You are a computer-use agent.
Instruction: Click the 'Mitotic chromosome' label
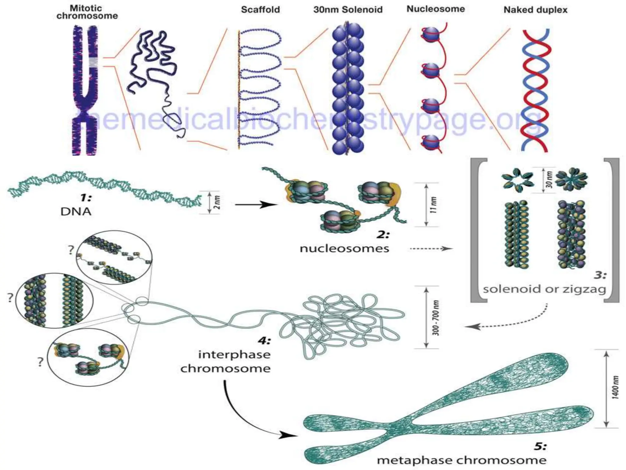pos(87,12)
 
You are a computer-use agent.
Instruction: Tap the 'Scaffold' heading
pos(260,9)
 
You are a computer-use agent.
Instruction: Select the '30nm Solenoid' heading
pos(348,9)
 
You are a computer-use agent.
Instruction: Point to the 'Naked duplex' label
pos(535,10)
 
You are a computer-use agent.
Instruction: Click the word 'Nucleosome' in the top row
pos(435,9)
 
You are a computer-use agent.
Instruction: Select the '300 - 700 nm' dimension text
pos(436,318)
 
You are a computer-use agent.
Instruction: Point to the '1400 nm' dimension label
pos(615,387)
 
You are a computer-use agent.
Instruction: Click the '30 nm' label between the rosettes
pos(549,180)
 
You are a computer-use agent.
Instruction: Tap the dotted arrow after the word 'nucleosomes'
pos(431,249)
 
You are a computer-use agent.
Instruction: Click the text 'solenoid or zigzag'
pos(544,289)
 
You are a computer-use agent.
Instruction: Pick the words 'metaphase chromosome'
pos(462,460)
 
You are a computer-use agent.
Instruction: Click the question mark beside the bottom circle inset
pos(40,362)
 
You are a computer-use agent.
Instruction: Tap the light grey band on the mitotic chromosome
pos(93,62)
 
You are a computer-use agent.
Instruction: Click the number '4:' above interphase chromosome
pos(264,341)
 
